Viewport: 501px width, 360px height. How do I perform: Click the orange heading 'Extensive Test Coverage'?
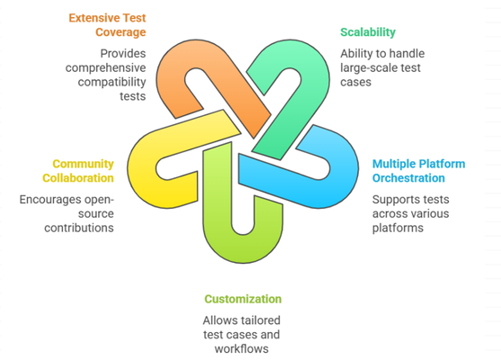107,25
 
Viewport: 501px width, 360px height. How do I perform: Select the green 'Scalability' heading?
368,32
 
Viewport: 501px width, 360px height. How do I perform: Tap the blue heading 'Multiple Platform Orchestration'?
418,171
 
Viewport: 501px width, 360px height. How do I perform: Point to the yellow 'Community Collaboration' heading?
78,171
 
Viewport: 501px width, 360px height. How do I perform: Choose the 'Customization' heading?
243,299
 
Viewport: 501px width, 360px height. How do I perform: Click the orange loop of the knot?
179,64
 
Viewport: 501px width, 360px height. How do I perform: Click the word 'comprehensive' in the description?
106,67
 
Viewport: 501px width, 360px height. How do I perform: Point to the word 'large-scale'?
363,67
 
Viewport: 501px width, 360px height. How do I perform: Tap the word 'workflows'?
242,349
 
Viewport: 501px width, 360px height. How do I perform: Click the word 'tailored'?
261,320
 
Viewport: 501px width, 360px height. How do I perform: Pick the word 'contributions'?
79,228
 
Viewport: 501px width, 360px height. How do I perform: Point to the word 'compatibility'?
112,83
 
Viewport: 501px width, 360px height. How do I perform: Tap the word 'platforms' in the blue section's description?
398,229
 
